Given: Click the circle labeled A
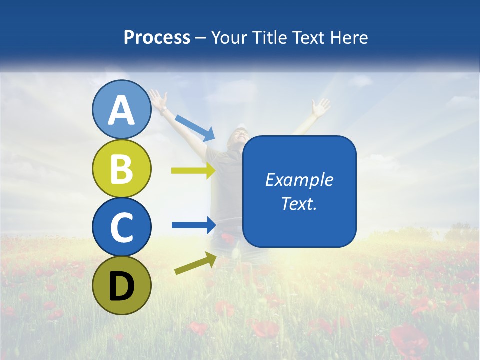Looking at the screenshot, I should click(x=122, y=109).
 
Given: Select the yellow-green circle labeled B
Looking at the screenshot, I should click(x=122, y=168).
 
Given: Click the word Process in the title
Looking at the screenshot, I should click(x=157, y=37).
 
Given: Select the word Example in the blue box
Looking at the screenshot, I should click(x=299, y=180).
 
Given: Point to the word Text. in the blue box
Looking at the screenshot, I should click(x=299, y=203).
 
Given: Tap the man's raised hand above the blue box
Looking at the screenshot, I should click(x=320, y=106).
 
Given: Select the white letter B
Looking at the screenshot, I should click(x=122, y=168).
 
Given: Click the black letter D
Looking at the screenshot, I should click(x=122, y=286).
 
